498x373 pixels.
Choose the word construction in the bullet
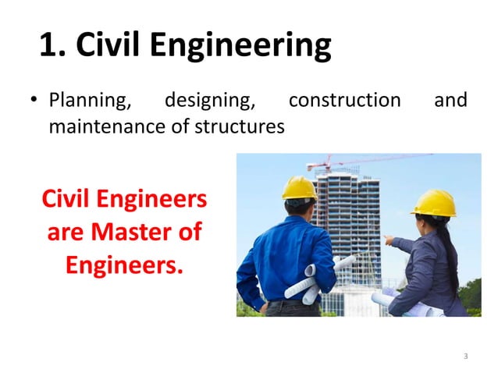344,101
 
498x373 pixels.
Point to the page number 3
465,357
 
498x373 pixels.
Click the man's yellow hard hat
299,188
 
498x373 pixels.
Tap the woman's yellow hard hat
435,203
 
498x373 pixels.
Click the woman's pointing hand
388,240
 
